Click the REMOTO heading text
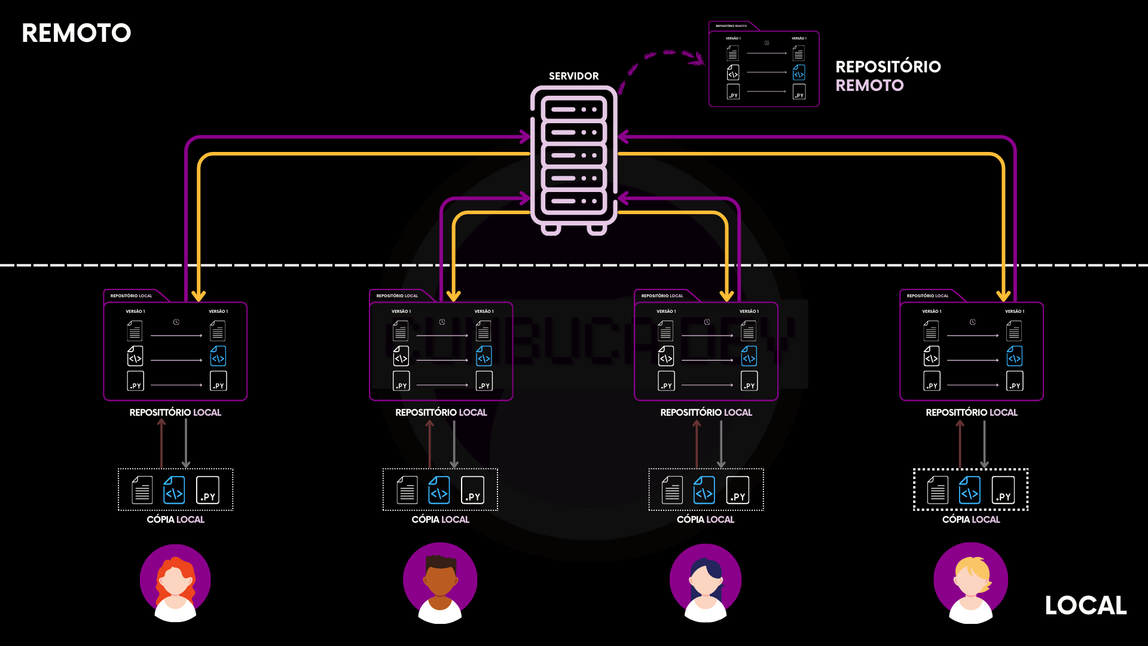pyautogui.click(x=76, y=33)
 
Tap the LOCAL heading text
pyautogui.click(x=1085, y=605)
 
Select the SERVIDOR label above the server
pyautogui.click(x=573, y=76)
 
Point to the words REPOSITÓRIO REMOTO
pyautogui.click(x=888, y=75)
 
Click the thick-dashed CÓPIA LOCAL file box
pyautogui.click(x=970, y=490)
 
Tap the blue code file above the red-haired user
pyautogui.click(x=174, y=490)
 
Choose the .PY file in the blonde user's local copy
pyautogui.click(x=1003, y=490)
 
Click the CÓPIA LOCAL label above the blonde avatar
pyautogui.click(x=970, y=519)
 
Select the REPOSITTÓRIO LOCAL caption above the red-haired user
pyautogui.click(x=175, y=412)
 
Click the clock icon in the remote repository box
pyautogui.click(x=767, y=43)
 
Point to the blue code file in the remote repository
pyautogui.click(x=799, y=73)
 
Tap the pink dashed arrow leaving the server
pyautogui.click(x=664, y=56)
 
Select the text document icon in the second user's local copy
pyautogui.click(x=407, y=490)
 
